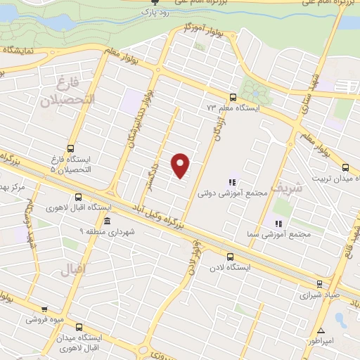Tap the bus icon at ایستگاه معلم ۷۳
(233, 98)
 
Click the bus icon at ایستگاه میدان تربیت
(345, 167)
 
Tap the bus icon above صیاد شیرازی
(320, 284)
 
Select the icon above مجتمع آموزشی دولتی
(232, 181)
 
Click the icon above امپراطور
(321, 330)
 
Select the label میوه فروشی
(44, 319)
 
